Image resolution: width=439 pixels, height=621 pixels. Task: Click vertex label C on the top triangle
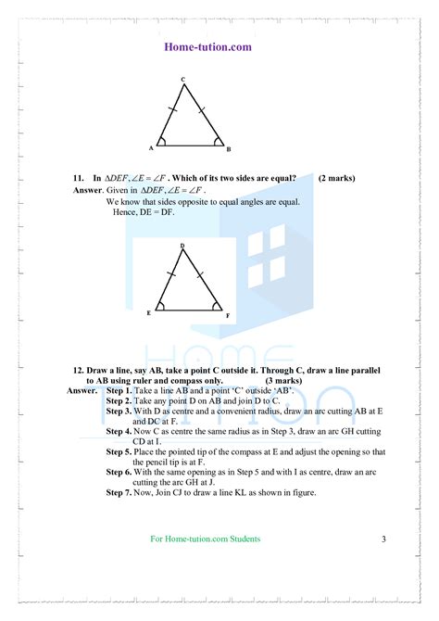tap(183, 79)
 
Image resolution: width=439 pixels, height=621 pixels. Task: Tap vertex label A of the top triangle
tap(151, 148)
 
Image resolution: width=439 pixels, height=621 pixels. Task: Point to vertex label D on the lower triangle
tap(182, 245)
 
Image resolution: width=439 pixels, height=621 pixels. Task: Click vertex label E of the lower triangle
tap(148, 313)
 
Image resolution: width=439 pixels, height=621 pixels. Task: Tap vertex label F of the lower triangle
tap(228, 315)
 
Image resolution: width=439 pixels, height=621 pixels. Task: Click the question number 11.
tap(79, 177)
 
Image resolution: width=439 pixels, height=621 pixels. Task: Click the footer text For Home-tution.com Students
tap(205, 539)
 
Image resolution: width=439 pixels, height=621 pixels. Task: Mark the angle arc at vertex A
tap(162, 142)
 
